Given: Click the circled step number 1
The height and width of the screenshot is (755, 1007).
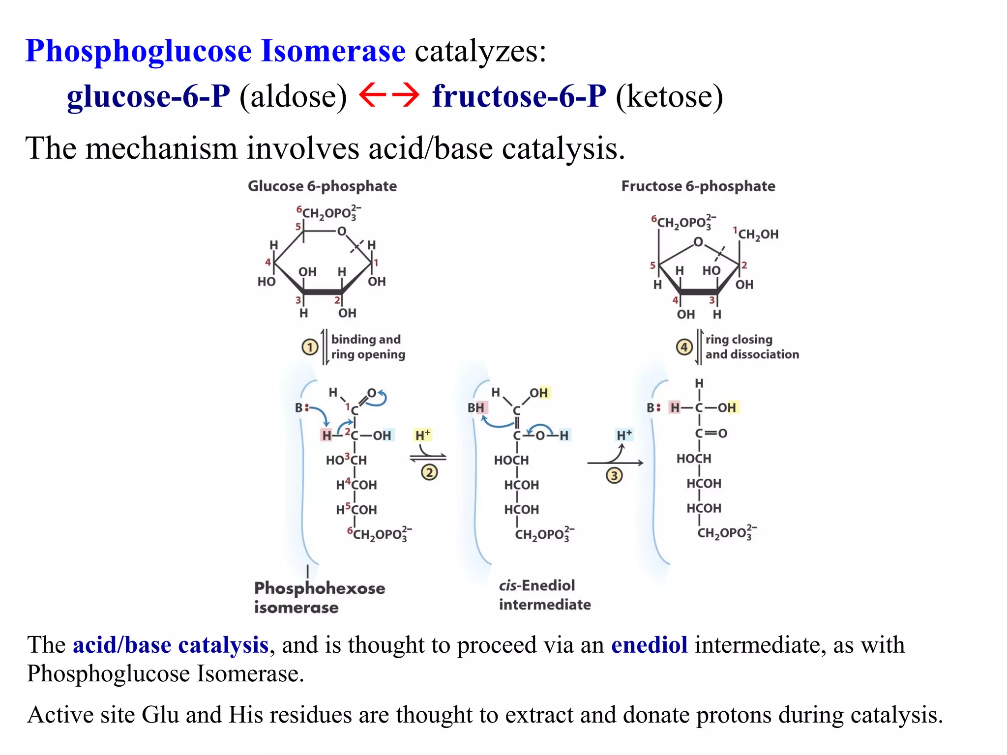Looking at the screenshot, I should (x=310, y=348).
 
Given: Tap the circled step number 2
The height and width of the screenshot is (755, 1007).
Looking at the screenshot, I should (x=429, y=472).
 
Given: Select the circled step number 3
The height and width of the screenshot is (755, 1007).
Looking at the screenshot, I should (x=614, y=475).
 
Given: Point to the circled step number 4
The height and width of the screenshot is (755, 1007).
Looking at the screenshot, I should (x=684, y=348).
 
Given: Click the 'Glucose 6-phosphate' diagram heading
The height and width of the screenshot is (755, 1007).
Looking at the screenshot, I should (x=322, y=186).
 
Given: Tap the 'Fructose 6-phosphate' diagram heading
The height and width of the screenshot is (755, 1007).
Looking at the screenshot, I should (x=698, y=186).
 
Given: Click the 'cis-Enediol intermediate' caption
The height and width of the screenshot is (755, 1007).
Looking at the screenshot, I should (x=544, y=595).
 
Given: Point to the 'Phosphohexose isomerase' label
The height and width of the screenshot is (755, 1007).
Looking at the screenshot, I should (x=320, y=597).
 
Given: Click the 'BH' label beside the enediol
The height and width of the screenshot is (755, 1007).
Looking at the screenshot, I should (x=476, y=407).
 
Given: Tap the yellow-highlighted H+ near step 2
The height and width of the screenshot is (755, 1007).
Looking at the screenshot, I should (x=423, y=435).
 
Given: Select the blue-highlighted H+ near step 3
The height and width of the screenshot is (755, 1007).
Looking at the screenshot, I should (x=624, y=435).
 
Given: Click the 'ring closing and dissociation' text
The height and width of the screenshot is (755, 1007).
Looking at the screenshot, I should (x=752, y=347).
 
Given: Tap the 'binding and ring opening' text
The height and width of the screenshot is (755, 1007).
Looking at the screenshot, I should (x=368, y=347).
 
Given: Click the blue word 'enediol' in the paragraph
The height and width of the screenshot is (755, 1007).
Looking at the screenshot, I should (x=649, y=645).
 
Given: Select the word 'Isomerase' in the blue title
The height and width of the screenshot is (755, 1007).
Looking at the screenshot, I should (x=333, y=51).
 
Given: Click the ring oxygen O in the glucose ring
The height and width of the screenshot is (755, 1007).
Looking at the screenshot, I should (x=341, y=231).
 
